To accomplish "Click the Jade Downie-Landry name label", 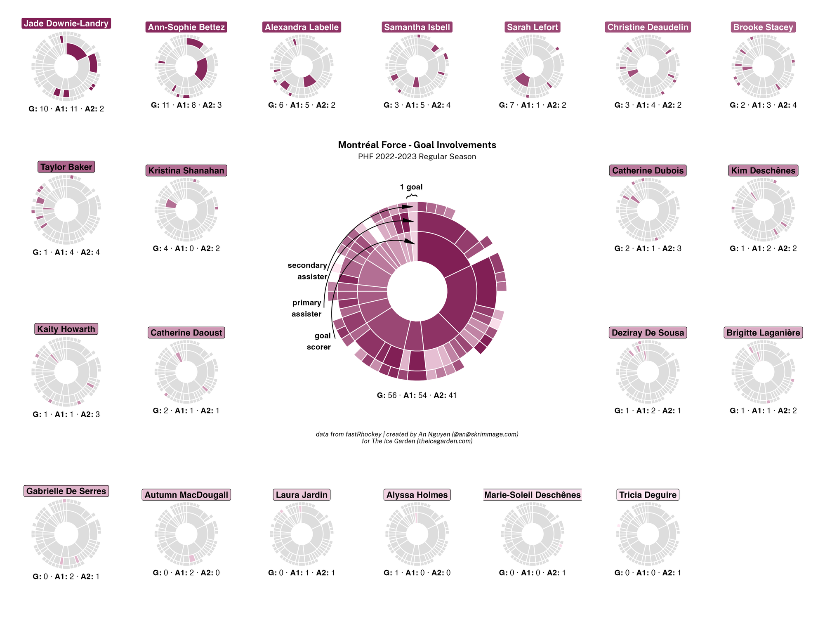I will coord(66,24).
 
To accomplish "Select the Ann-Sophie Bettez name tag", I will coord(186,27).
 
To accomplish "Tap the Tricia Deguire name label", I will coord(648,495).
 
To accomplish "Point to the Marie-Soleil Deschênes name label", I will coord(532,495).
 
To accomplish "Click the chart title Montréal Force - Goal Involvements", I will coord(417,145).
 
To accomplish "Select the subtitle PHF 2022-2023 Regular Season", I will coord(417,157).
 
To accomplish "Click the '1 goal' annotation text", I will coord(411,187).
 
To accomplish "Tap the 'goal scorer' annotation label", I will coord(319,341).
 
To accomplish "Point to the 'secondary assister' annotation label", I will coord(308,271).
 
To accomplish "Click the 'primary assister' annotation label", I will coord(306,308).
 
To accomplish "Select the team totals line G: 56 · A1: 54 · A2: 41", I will coord(417,395).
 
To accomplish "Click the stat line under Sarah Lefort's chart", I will coord(532,105).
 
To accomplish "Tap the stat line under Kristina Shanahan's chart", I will coord(186,248).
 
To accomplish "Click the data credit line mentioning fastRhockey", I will coord(417,434).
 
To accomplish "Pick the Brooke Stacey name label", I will coord(763,27).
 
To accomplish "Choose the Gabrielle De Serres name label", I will coord(66,491).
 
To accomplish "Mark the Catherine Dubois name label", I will coord(648,170).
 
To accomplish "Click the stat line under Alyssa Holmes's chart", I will coord(417,573).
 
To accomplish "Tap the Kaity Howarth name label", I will coord(66,329).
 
